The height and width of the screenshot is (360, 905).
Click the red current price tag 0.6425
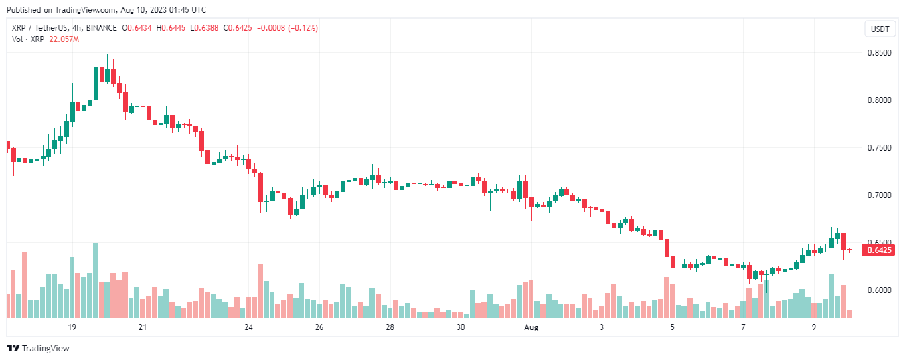coord(878,250)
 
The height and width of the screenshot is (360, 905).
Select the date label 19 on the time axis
coord(72,327)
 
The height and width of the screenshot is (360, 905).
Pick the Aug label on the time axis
coord(531,327)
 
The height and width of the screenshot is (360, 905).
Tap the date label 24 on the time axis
coord(248,327)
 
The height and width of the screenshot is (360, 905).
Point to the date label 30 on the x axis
coord(461,327)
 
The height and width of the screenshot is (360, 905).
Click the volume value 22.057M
coord(64,39)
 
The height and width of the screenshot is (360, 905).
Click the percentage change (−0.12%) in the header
coord(302,28)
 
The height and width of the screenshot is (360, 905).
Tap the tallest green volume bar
coord(96,280)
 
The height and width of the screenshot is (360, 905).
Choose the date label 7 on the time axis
coord(743,327)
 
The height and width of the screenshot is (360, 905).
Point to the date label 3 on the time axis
coord(602,327)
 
